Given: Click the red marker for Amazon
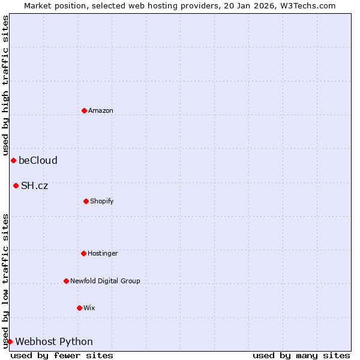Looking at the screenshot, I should pos(84,110).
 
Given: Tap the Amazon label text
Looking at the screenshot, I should pos(101,110).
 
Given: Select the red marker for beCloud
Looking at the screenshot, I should pos(13,160).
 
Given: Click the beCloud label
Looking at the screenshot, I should pos(38,160).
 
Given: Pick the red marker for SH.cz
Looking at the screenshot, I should pos(16,185).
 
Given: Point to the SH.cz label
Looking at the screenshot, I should pos(34,185).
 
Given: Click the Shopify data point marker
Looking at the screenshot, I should pos(86,201).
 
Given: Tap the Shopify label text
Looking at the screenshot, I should pos(102,201).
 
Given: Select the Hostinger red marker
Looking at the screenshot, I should pos(83,253).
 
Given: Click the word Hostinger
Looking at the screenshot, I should pos(103,253).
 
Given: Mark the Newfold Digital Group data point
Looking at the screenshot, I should pos(66,281).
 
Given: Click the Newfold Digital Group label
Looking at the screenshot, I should pos(105,281).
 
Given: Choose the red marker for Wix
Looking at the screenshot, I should pos(79,308).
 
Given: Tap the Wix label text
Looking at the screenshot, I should pos(89,308).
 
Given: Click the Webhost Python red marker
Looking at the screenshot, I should pos(10,341).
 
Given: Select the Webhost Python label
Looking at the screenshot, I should pos(54,341).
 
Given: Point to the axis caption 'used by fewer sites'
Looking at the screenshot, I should pos(62,356).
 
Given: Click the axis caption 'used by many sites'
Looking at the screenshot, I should pos(301,356).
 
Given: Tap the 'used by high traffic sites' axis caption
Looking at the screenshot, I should pos(5,85).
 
